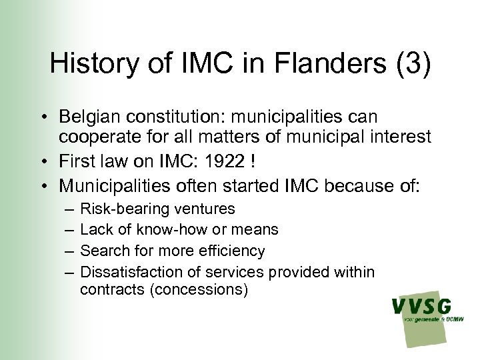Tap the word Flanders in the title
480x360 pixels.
(x=321, y=64)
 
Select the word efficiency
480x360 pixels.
(x=231, y=251)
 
